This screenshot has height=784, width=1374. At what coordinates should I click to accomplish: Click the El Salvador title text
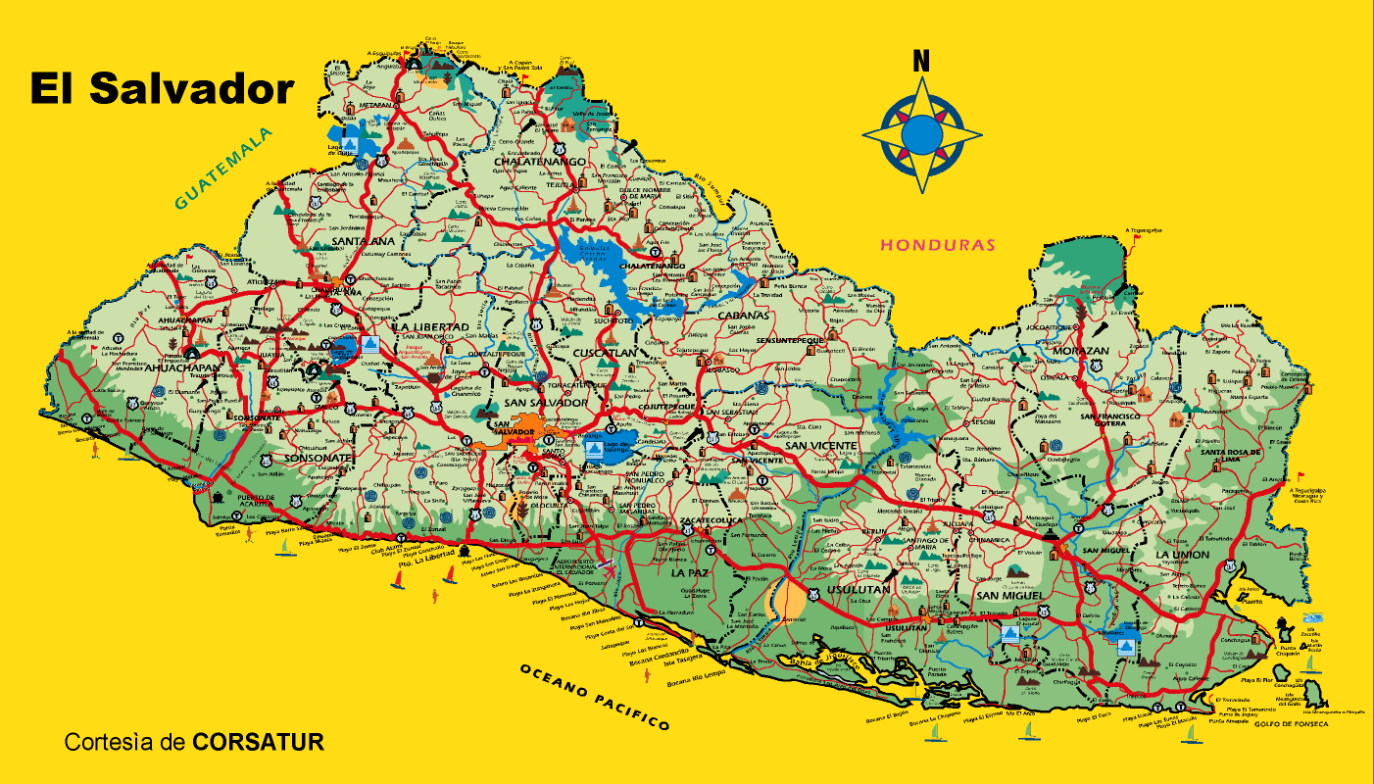[162, 89]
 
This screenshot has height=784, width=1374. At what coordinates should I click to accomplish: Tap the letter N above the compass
[920, 61]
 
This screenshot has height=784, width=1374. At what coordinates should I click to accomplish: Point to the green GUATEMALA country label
[222, 170]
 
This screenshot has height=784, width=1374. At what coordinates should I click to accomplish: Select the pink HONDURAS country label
[937, 245]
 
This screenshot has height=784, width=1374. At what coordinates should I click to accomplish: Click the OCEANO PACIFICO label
[595, 695]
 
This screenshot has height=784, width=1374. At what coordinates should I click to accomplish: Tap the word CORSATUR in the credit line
[258, 742]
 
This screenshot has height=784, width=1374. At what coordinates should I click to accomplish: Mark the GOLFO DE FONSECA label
[1291, 723]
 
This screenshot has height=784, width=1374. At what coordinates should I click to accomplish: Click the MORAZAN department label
[1080, 351]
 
